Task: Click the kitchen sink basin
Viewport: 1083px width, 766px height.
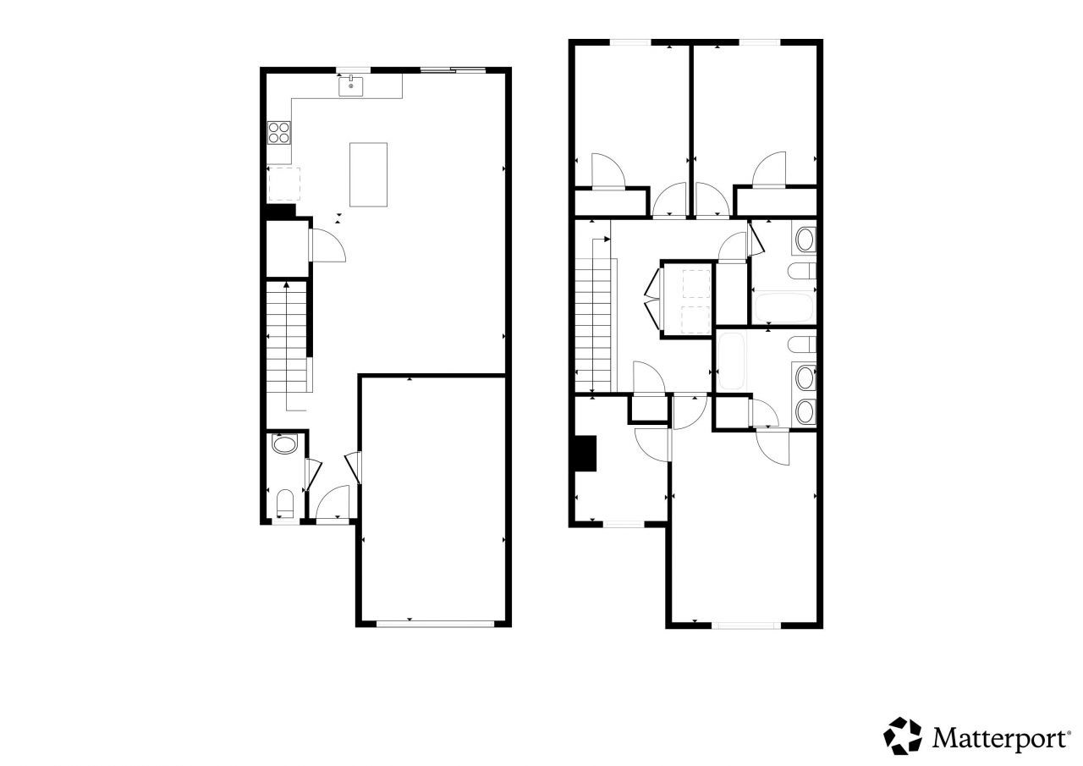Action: [x=351, y=85]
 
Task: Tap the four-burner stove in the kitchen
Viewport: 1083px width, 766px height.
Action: [x=280, y=132]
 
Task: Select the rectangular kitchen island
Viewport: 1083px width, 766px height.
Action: [x=369, y=174]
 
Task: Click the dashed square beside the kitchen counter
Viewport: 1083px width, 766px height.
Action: [x=284, y=184]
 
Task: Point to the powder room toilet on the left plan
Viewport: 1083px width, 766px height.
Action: [x=285, y=503]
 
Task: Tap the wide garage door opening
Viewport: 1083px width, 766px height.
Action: [x=435, y=624]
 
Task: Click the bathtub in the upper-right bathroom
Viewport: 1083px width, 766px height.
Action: [x=783, y=307]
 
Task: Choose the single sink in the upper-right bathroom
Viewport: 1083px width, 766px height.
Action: [x=805, y=238]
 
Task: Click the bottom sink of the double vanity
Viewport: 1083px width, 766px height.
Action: [x=805, y=412]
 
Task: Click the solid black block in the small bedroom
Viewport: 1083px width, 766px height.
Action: [x=585, y=453]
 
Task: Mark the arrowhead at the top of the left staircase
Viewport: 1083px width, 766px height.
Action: [x=287, y=286]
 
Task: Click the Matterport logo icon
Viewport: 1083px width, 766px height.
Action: [x=903, y=736]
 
